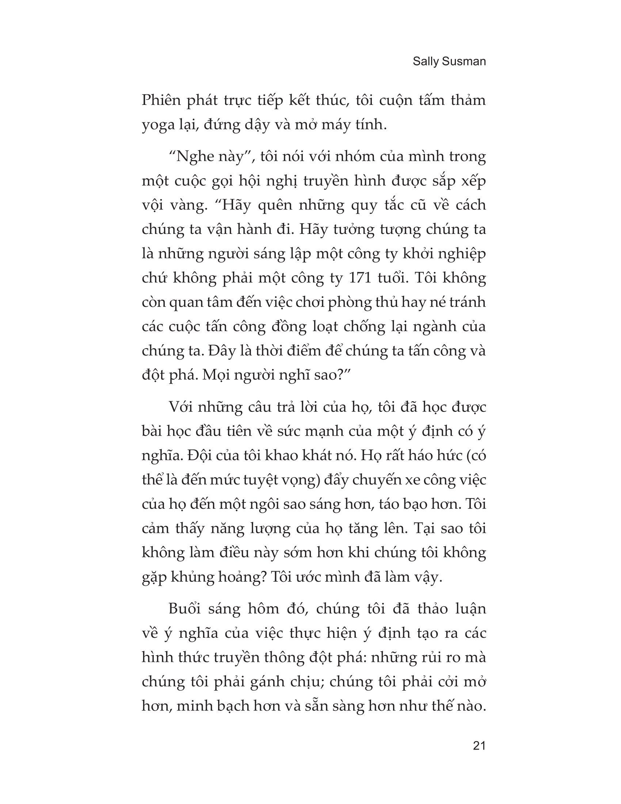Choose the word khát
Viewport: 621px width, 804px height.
320,456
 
